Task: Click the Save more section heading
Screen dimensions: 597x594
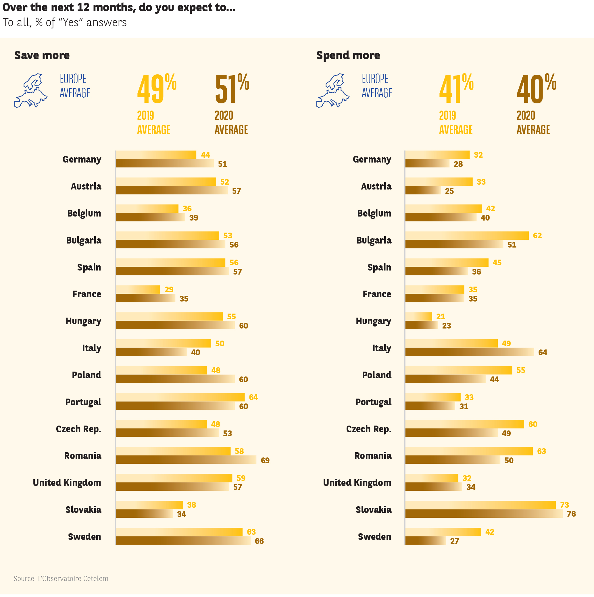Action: pos(42,55)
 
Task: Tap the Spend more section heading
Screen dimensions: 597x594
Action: pos(348,55)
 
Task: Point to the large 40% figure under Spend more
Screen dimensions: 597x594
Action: pos(536,89)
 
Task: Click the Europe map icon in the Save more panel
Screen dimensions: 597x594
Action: pos(31,90)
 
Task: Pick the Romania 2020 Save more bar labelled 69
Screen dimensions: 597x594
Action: pos(186,459)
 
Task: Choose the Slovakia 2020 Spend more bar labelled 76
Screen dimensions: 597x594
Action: pos(484,513)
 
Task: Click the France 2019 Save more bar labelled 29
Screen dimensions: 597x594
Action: pos(138,289)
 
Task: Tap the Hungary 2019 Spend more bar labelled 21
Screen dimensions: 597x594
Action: pos(418,316)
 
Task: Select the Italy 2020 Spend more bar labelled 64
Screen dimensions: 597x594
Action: pos(469,352)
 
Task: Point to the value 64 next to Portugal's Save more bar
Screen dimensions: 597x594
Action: pos(253,397)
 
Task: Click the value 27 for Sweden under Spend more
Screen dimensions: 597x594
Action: pos(454,541)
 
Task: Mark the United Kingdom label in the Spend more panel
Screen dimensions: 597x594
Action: pos(357,483)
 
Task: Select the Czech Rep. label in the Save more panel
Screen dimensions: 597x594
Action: pos(78,429)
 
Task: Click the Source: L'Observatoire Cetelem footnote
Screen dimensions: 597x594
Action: pos(61,578)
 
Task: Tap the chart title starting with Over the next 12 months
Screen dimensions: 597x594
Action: pos(119,7)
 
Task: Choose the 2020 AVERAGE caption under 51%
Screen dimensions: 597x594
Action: pos(231,123)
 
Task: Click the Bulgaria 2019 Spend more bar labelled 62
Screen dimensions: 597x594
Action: pos(467,235)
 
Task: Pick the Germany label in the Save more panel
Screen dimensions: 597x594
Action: pos(82,159)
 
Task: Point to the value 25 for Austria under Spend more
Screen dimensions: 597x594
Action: pos(449,191)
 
